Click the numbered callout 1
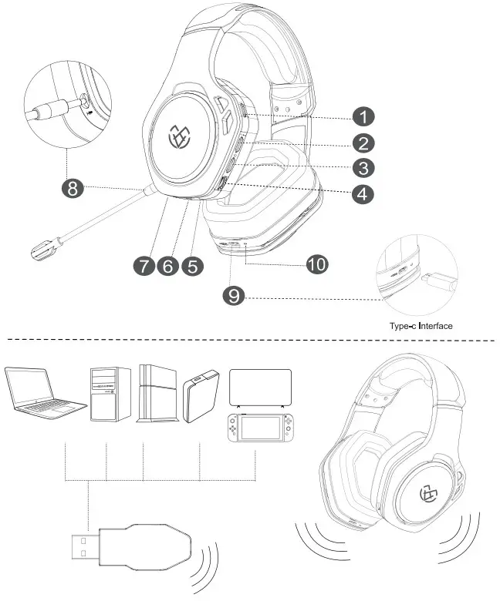click(362, 116)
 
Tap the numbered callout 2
click(362, 143)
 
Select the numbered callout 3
click(362, 167)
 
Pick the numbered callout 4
click(362, 193)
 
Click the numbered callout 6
click(167, 266)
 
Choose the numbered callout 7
click(144, 266)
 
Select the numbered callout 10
click(316, 264)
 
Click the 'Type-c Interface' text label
click(421, 326)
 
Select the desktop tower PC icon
click(110, 393)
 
